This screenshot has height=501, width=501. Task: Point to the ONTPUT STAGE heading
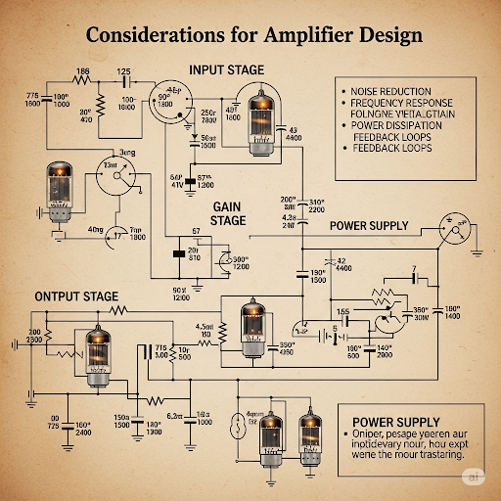77,296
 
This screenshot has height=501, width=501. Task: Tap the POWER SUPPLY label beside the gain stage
368,225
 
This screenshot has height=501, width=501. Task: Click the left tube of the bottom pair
271,434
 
